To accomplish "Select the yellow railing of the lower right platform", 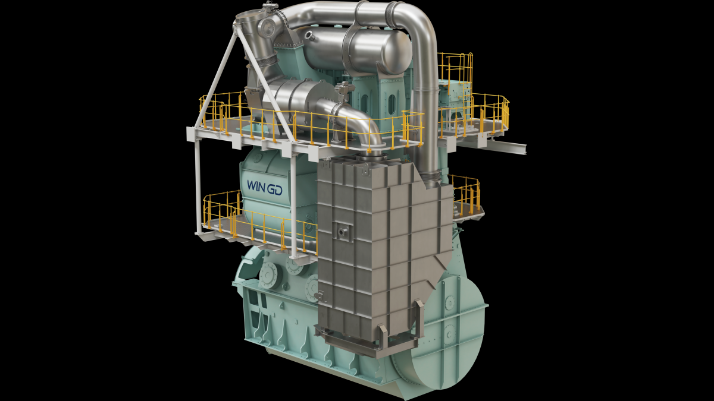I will point(467,190).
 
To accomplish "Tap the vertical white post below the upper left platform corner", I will point(196,178).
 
